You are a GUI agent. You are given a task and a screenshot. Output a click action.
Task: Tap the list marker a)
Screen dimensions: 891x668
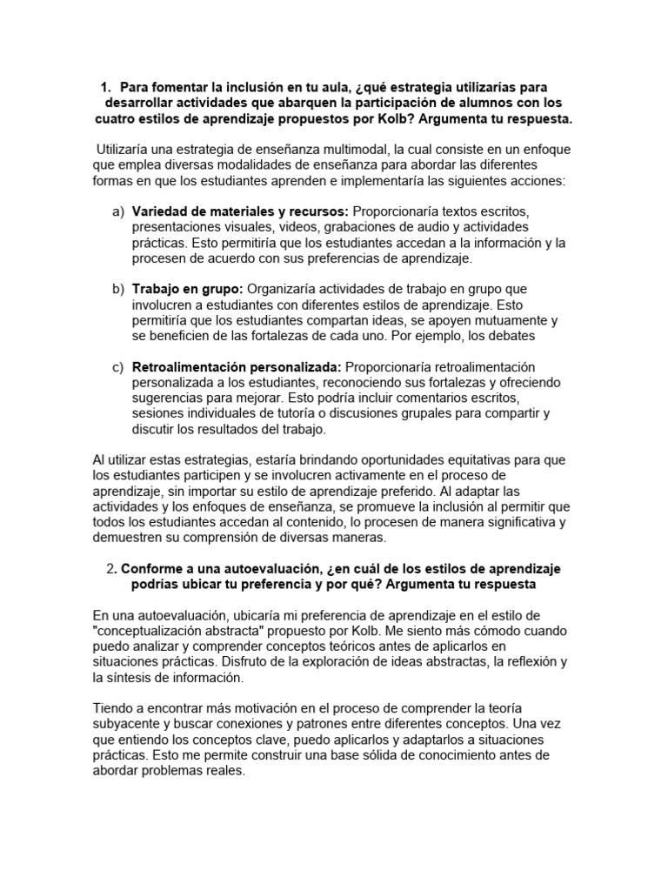pos(118,212)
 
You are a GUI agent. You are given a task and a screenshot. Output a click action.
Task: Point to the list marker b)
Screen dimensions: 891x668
pos(118,289)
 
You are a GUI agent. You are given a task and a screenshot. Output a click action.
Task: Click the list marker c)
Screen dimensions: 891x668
pos(118,367)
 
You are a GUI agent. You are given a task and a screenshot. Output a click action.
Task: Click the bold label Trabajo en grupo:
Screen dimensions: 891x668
pos(188,289)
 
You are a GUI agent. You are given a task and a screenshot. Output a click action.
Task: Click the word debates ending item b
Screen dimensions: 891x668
pos(511,336)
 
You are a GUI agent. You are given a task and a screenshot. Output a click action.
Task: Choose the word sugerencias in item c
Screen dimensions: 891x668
pos(168,399)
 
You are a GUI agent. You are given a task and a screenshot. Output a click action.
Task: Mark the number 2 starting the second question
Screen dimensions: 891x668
pos(110,569)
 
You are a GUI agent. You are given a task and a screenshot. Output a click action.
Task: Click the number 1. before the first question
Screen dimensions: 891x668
pos(106,87)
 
